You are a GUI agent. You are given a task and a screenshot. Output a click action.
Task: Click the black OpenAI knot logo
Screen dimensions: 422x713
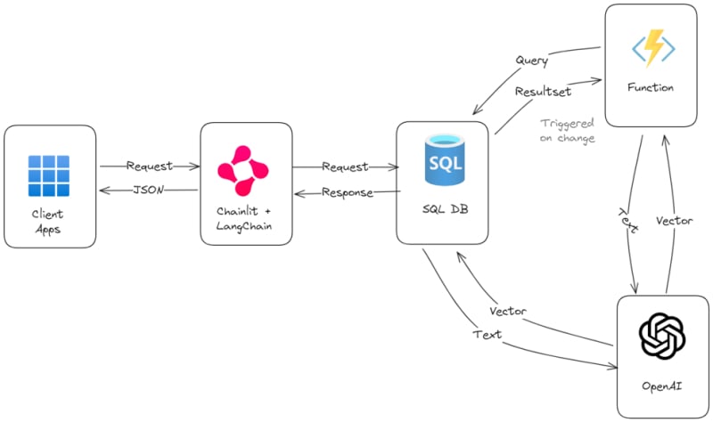pyautogui.click(x=662, y=337)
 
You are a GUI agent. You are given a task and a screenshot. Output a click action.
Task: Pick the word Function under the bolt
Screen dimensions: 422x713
pyautogui.click(x=650, y=87)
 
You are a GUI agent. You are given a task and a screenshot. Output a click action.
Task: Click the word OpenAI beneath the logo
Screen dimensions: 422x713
pyautogui.click(x=662, y=386)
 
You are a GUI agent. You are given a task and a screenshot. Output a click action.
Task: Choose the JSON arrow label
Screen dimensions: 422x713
pyautogui.click(x=147, y=189)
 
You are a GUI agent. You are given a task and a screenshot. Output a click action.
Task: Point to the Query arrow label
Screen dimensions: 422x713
pyautogui.click(x=531, y=61)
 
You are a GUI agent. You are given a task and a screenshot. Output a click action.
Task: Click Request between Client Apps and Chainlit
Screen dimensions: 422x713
pyautogui.click(x=149, y=166)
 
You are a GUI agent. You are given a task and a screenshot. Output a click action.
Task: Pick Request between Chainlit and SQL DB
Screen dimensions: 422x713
pyautogui.click(x=344, y=166)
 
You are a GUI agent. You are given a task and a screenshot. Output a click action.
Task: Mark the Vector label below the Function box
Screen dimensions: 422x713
pyautogui.click(x=673, y=219)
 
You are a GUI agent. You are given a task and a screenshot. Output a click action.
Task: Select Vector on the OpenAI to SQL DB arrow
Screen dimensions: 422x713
pyautogui.click(x=508, y=312)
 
